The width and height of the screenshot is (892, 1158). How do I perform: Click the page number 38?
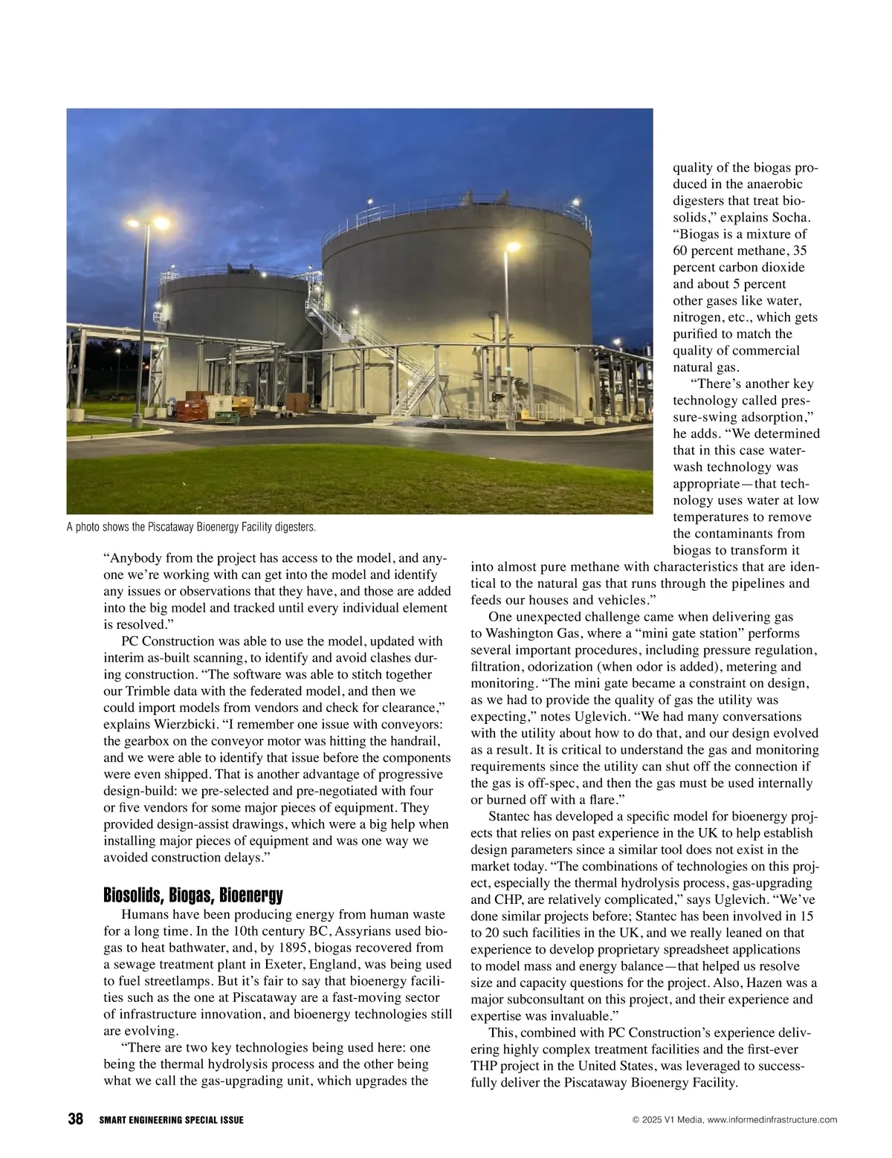(75, 1119)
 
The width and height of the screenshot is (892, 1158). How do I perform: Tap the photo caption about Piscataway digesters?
(191, 527)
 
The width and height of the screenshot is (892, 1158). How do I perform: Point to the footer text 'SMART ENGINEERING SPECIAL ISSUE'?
(171, 1120)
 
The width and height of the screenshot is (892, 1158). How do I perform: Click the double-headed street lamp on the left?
(146, 223)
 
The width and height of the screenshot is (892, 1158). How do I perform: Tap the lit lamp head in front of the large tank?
(513, 248)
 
